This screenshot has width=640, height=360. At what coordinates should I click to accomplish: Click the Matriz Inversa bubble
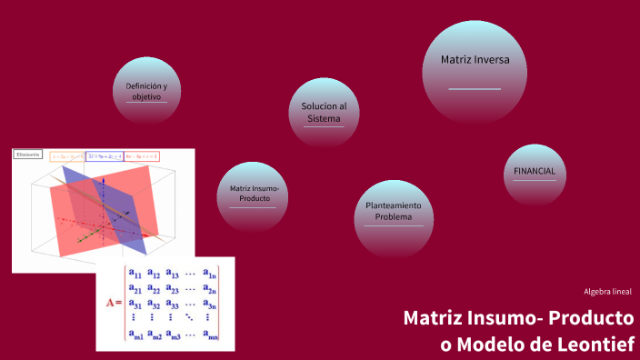click(x=475, y=69)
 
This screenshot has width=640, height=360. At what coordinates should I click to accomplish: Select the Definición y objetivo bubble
click(x=146, y=92)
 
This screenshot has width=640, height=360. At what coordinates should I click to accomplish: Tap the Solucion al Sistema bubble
click(x=324, y=113)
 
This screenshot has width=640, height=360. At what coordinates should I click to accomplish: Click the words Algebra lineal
click(x=607, y=292)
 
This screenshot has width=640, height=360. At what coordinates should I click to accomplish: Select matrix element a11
click(x=134, y=272)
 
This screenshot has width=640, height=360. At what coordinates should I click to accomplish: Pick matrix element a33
click(x=173, y=304)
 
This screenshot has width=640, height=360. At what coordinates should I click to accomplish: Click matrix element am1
click(x=135, y=336)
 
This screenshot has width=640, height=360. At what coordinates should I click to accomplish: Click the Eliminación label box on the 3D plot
click(x=28, y=155)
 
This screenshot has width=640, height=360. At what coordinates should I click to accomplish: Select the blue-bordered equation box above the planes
click(x=105, y=156)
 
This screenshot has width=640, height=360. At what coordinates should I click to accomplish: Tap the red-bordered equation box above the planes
click(x=142, y=156)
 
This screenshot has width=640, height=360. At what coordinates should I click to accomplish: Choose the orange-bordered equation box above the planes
click(x=66, y=156)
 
